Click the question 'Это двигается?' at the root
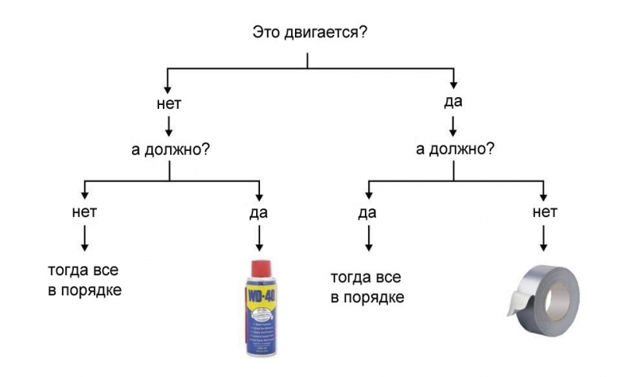(310, 33)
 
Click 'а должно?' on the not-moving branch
(169, 148)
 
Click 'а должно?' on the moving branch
(454, 148)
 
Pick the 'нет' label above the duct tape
(544, 211)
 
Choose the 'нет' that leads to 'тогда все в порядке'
(84, 211)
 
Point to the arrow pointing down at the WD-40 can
(258, 237)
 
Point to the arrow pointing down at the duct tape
(544, 237)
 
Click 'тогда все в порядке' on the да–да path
(367, 287)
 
